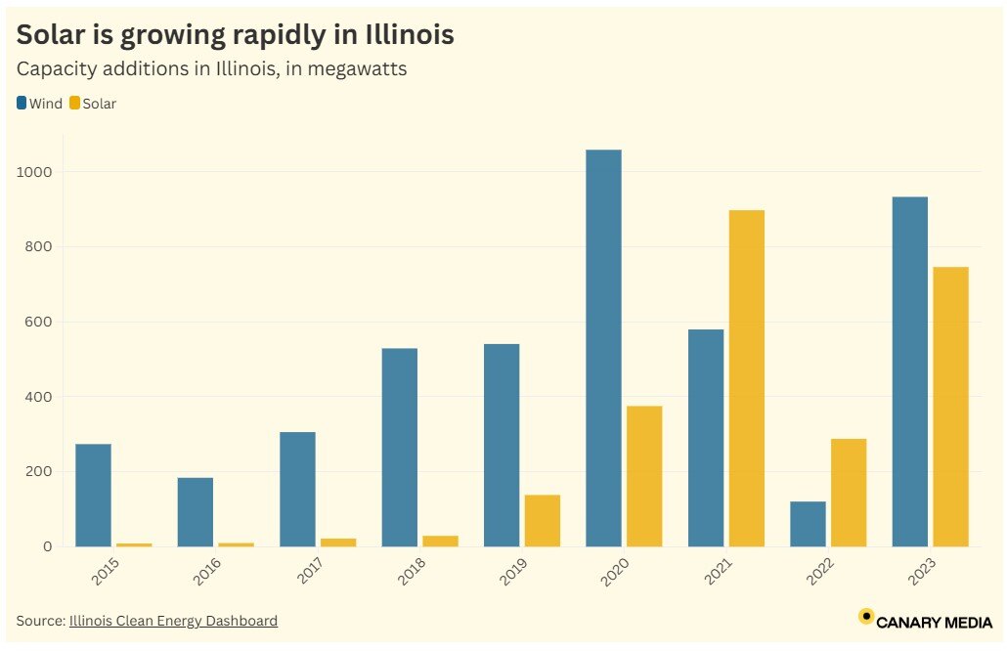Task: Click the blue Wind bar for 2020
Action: [603, 348]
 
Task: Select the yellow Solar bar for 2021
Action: [746, 378]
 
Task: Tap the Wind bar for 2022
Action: [808, 524]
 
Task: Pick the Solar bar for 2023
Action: [950, 407]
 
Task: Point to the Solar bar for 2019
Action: [542, 520]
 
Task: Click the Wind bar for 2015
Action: [93, 495]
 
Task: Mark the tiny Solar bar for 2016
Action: [236, 543]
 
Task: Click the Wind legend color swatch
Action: [22, 103]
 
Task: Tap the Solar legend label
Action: [99, 104]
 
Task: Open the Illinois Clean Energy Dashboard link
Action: [173, 621]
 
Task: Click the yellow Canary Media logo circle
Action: [865, 616]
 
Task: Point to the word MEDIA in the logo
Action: [963, 622]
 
